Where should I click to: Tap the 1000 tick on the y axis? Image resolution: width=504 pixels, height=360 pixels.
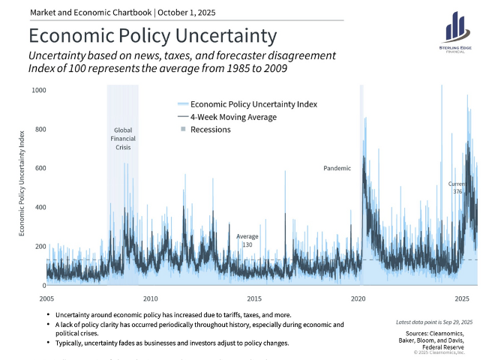click(39, 90)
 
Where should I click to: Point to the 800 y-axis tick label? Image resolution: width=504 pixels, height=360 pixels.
click(40, 129)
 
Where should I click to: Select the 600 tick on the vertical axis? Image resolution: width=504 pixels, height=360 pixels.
click(40, 168)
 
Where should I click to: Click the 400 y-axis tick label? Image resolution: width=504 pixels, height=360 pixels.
click(40, 207)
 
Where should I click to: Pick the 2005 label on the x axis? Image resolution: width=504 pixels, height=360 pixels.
click(47, 298)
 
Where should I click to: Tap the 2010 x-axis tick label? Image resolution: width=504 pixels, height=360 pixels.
click(151, 298)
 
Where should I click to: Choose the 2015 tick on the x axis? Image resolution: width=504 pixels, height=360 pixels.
click(254, 298)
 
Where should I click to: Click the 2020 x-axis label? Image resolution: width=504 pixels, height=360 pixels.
click(358, 298)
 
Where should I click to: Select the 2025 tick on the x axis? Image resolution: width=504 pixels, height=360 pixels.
click(461, 298)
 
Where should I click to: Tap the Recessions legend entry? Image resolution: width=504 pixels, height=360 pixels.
click(210, 130)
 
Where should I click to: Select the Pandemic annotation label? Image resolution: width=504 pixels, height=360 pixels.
click(337, 169)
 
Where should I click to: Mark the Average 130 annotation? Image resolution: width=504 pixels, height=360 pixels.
click(247, 241)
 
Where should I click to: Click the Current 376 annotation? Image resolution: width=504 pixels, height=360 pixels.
click(457, 187)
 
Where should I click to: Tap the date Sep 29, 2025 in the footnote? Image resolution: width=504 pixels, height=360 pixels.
click(448, 322)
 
